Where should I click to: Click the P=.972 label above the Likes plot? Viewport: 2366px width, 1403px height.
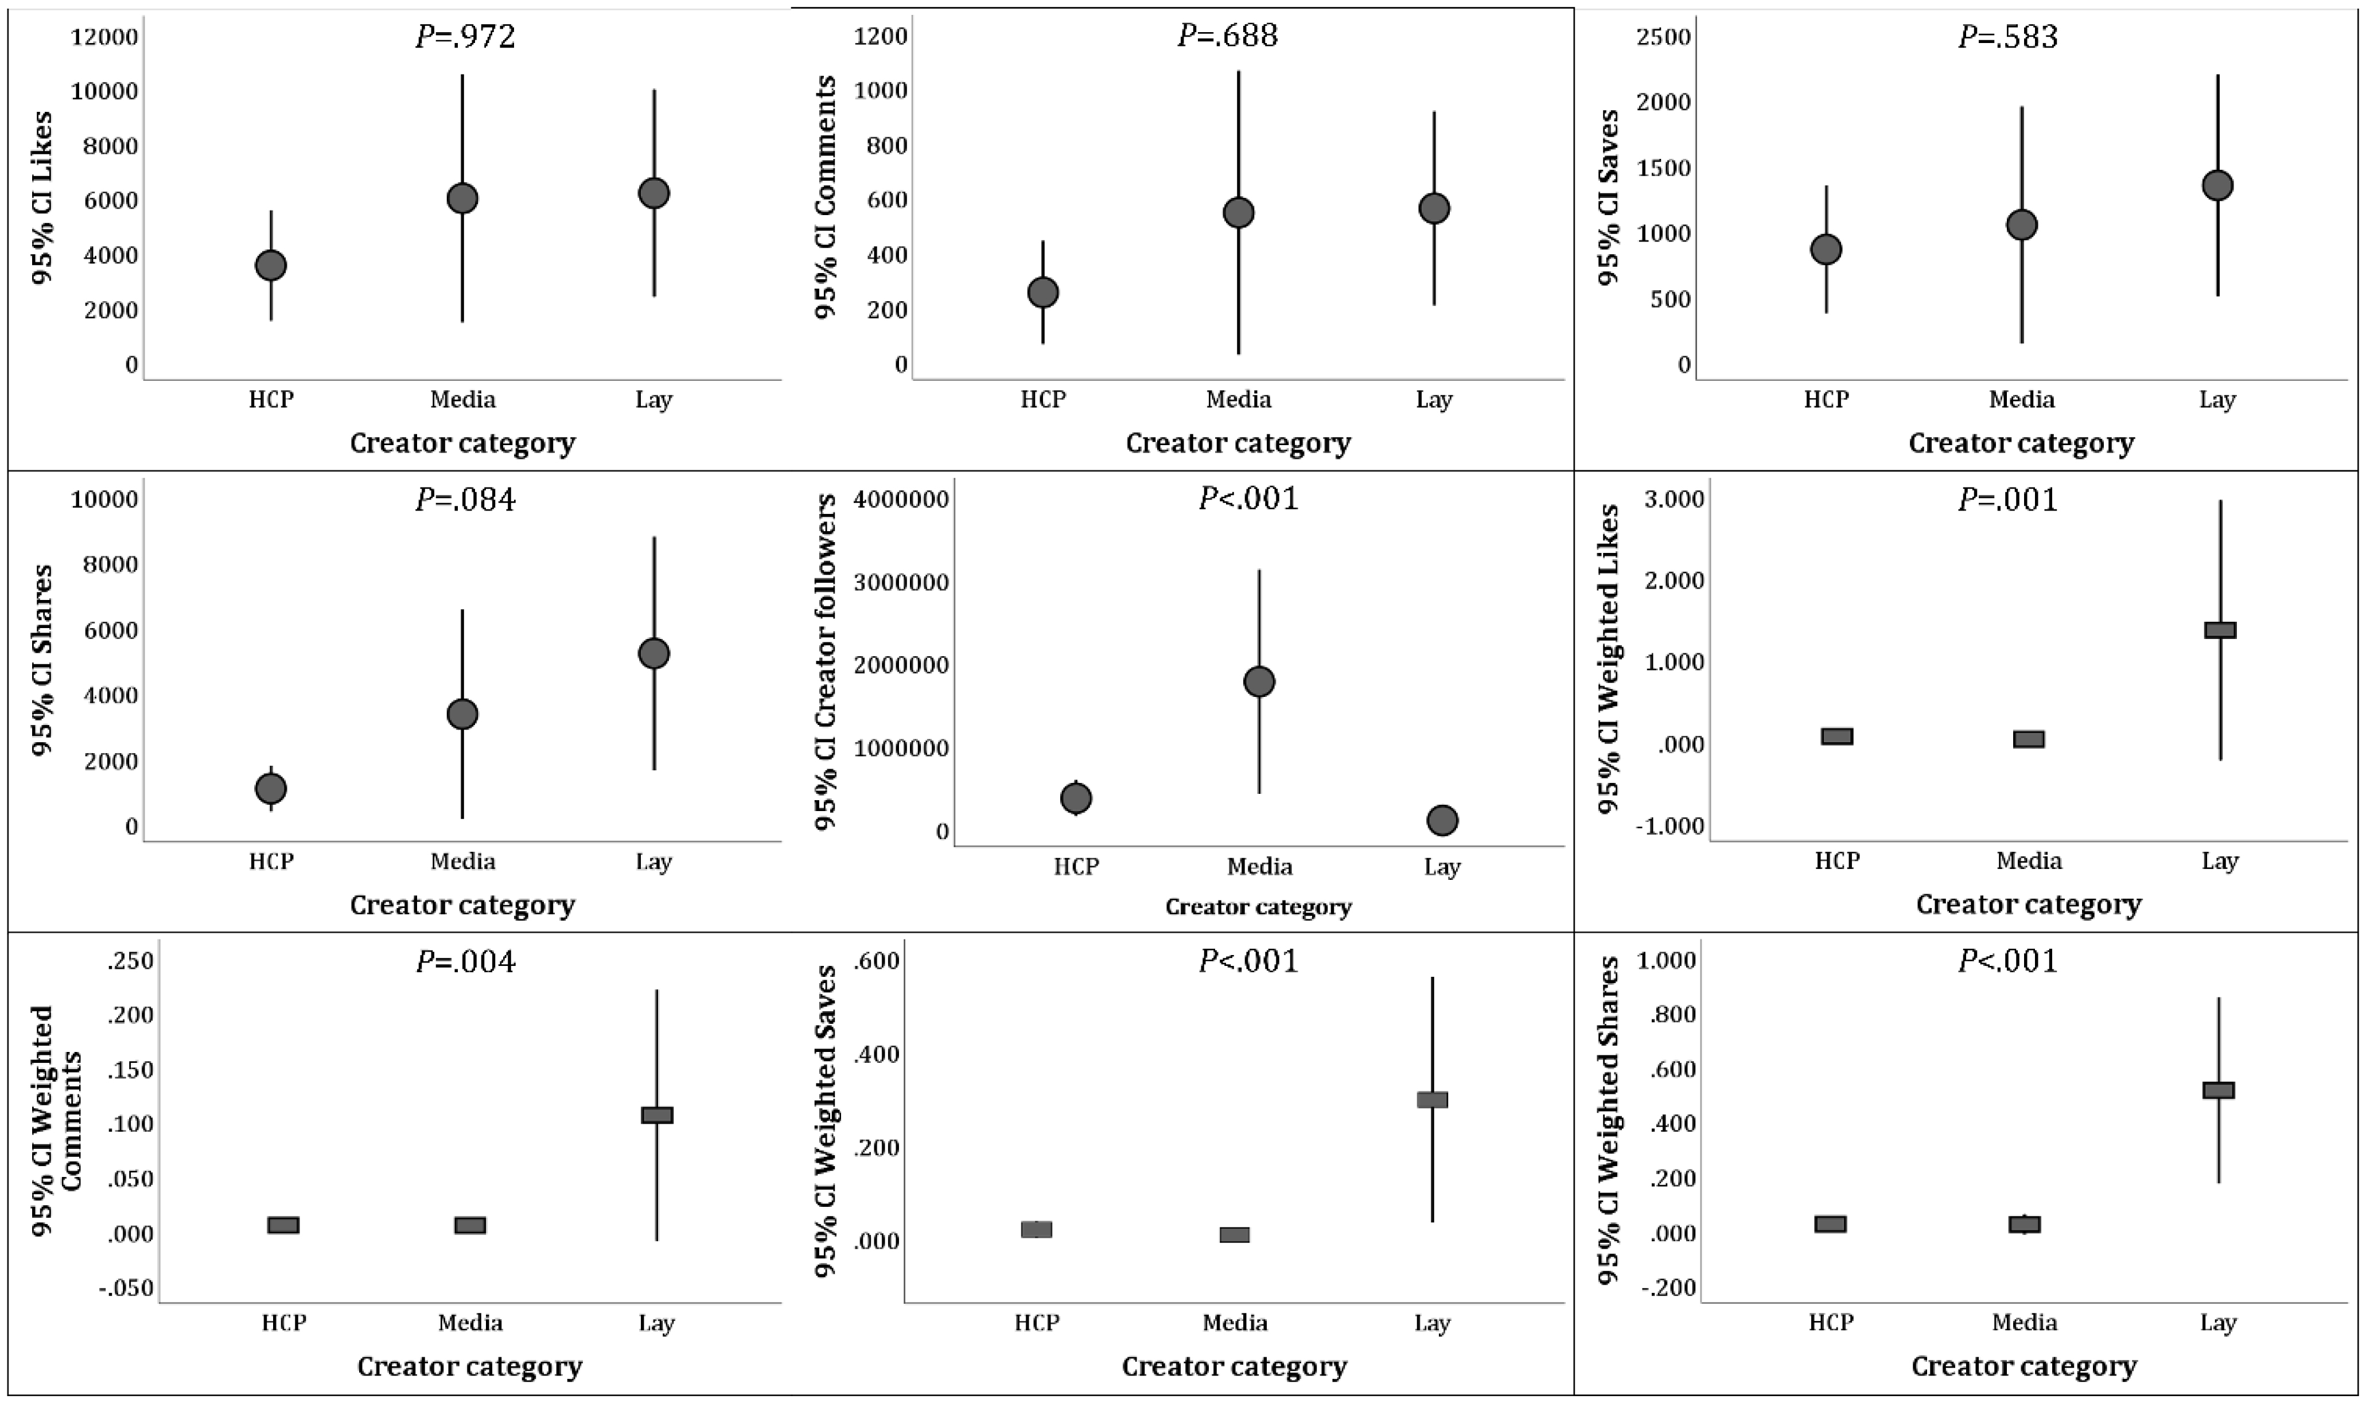point(465,37)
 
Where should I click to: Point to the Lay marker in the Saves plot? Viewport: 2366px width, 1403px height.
point(2217,185)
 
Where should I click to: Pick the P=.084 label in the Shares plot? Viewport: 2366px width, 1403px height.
point(465,499)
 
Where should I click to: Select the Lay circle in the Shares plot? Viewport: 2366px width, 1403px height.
point(653,653)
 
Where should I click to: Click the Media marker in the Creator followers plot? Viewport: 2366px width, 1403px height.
point(1259,681)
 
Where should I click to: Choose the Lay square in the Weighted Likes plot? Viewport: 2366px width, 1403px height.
point(2220,630)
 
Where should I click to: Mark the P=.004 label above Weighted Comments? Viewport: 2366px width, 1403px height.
point(465,961)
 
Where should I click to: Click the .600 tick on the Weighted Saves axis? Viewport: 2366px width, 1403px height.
point(877,961)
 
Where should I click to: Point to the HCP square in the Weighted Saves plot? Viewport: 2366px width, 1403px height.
point(1037,1229)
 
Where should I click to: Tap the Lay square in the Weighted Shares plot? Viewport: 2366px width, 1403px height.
point(2219,1090)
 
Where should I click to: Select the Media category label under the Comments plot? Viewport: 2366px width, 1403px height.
point(1239,400)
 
